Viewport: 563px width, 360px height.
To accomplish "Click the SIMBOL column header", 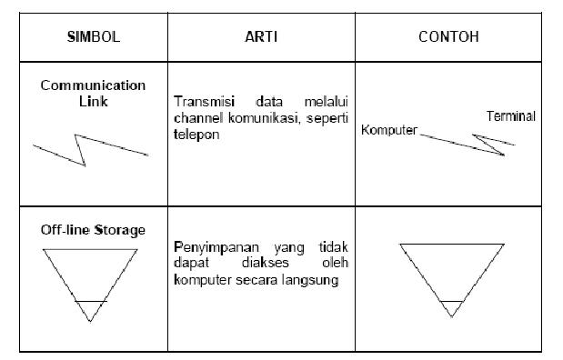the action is tap(92, 40).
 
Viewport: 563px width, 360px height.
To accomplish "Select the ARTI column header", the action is tap(262, 40).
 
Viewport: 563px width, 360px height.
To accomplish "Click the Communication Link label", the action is tap(92, 93).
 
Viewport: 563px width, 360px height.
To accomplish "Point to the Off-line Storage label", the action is tap(92, 230).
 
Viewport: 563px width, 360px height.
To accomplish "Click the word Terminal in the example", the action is tap(510, 116).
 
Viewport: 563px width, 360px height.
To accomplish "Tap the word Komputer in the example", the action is tap(388, 130).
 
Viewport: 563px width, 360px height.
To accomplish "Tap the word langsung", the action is tap(314, 279).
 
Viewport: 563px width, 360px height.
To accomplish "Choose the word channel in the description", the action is tap(196, 119).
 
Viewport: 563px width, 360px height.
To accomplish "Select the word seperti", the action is tap(328, 119).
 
